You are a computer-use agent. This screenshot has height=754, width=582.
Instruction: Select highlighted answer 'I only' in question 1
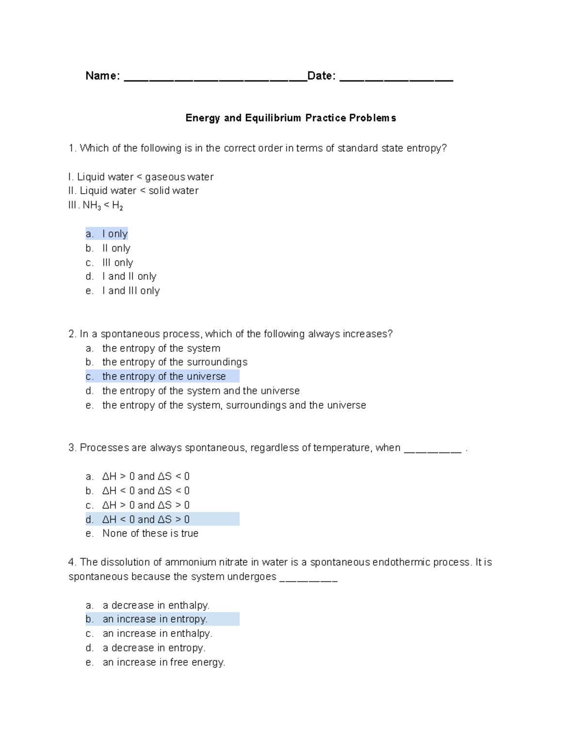click(114, 234)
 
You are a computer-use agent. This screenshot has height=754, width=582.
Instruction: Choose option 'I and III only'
click(130, 291)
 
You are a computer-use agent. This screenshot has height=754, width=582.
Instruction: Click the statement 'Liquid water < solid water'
click(139, 191)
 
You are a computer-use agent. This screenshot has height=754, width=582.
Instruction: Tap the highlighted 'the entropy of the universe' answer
click(163, 377)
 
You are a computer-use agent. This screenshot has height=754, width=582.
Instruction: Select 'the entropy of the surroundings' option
click(175, 362)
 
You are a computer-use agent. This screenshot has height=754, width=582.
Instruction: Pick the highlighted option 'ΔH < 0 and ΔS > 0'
click(145, 519)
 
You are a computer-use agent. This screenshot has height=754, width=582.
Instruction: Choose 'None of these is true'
click(150, 534)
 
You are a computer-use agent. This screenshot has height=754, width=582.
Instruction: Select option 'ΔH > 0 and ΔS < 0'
click(145, 477)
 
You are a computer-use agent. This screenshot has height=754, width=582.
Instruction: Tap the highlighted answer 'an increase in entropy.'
click(155, 620)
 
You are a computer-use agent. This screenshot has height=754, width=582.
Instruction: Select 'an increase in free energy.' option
click(163, 662)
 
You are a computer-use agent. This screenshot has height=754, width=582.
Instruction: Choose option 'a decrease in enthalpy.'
click(156, 605)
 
